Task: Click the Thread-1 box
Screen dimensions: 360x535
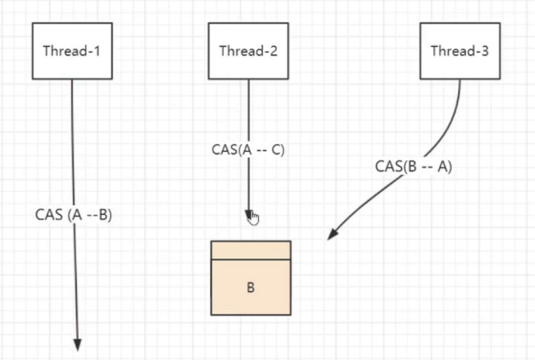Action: [72, 51]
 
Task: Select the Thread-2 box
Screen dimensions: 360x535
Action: [248, 51]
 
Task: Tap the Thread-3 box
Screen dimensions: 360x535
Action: [459, 51]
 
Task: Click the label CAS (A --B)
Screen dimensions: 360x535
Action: [74, 215]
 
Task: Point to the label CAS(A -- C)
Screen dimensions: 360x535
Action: [248, 150]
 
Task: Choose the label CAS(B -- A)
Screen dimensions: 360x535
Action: [413, 167]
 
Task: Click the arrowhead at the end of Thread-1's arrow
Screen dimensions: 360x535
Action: [77, 344]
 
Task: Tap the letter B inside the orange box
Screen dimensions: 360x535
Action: [251, 288]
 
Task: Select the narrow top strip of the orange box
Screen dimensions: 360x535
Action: [251, 250]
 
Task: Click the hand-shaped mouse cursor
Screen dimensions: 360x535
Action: [253, 218]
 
